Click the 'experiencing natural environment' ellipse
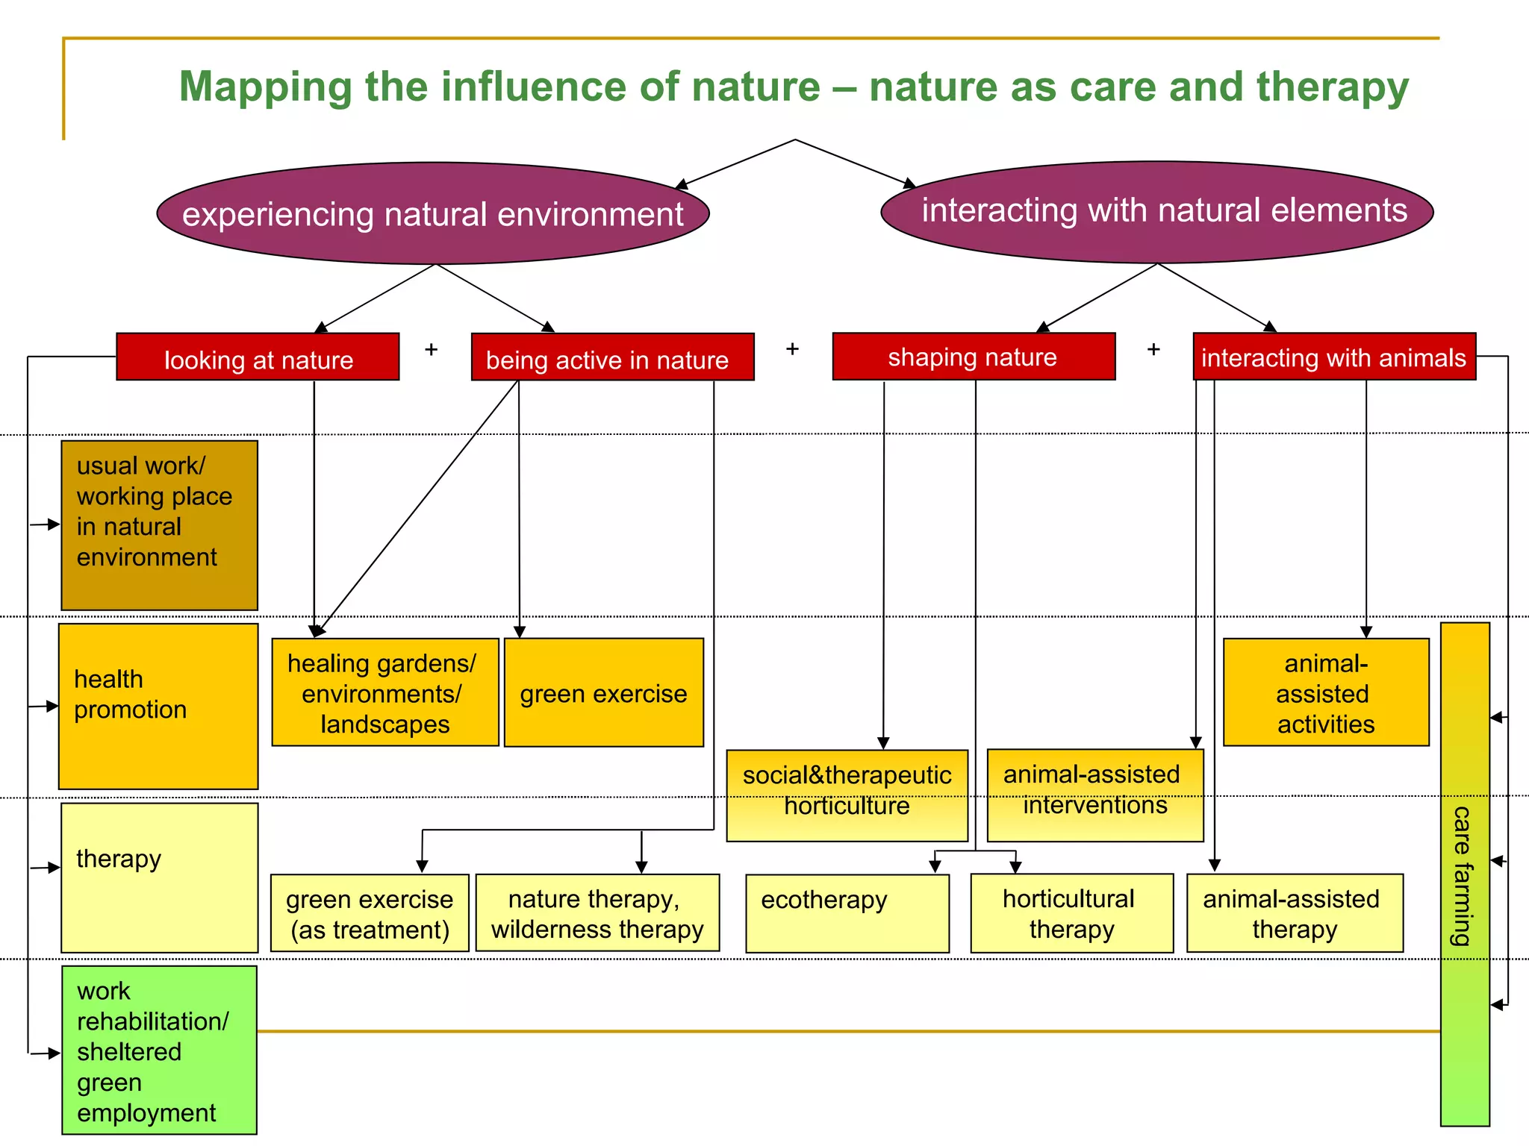(x=433, y=214)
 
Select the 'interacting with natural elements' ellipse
(x=1157, y=211)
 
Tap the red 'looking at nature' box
(x=258, y=357)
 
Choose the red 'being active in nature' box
(x=612, y=358)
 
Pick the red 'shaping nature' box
(x=974, y=357)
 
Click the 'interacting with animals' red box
(x=1334, y=357)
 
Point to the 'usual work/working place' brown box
(x=159, y=525)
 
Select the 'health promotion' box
(x=158, y=706)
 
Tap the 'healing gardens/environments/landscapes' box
(x=384, y=692)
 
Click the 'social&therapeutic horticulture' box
(x=847, y=795)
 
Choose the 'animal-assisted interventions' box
(x=1094, y=795)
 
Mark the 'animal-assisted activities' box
(x=1325, y=692)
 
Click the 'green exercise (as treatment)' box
(x=370, y=913)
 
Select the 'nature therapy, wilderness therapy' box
(x=597, y=912)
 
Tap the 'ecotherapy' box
(x=847, y=913)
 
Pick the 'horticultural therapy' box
(x=1071, y=913)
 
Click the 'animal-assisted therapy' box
(x=1294, y=913)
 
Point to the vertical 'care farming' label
(x=1463, y=874)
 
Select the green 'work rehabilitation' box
(x=159, y=1050)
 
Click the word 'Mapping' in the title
(x=264, y=87)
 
